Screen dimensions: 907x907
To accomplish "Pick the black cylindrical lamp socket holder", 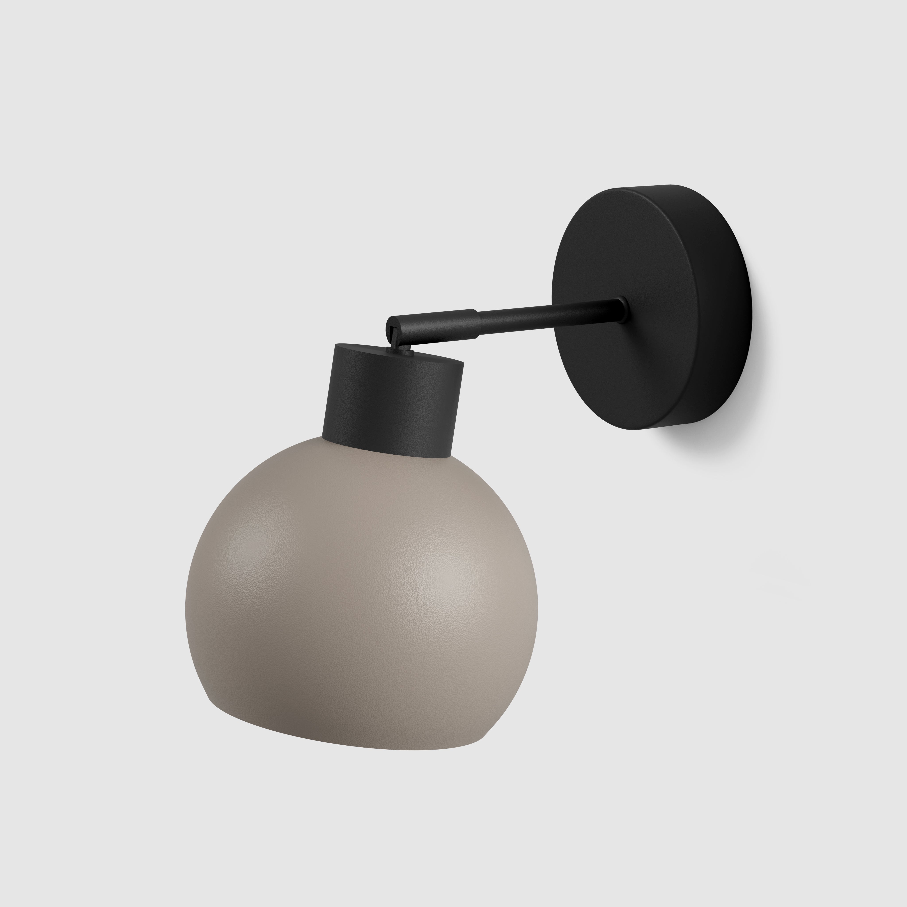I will click(392, 404).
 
